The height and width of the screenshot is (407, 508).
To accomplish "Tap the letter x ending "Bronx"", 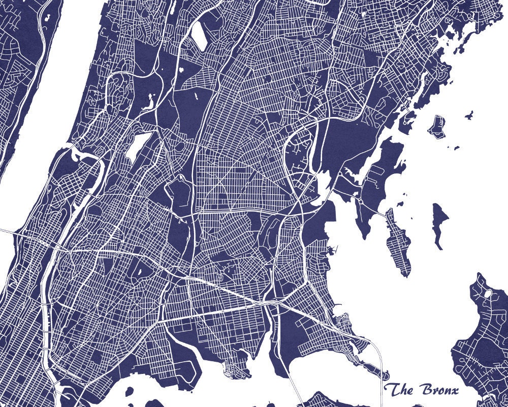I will (x=454, y=391).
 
